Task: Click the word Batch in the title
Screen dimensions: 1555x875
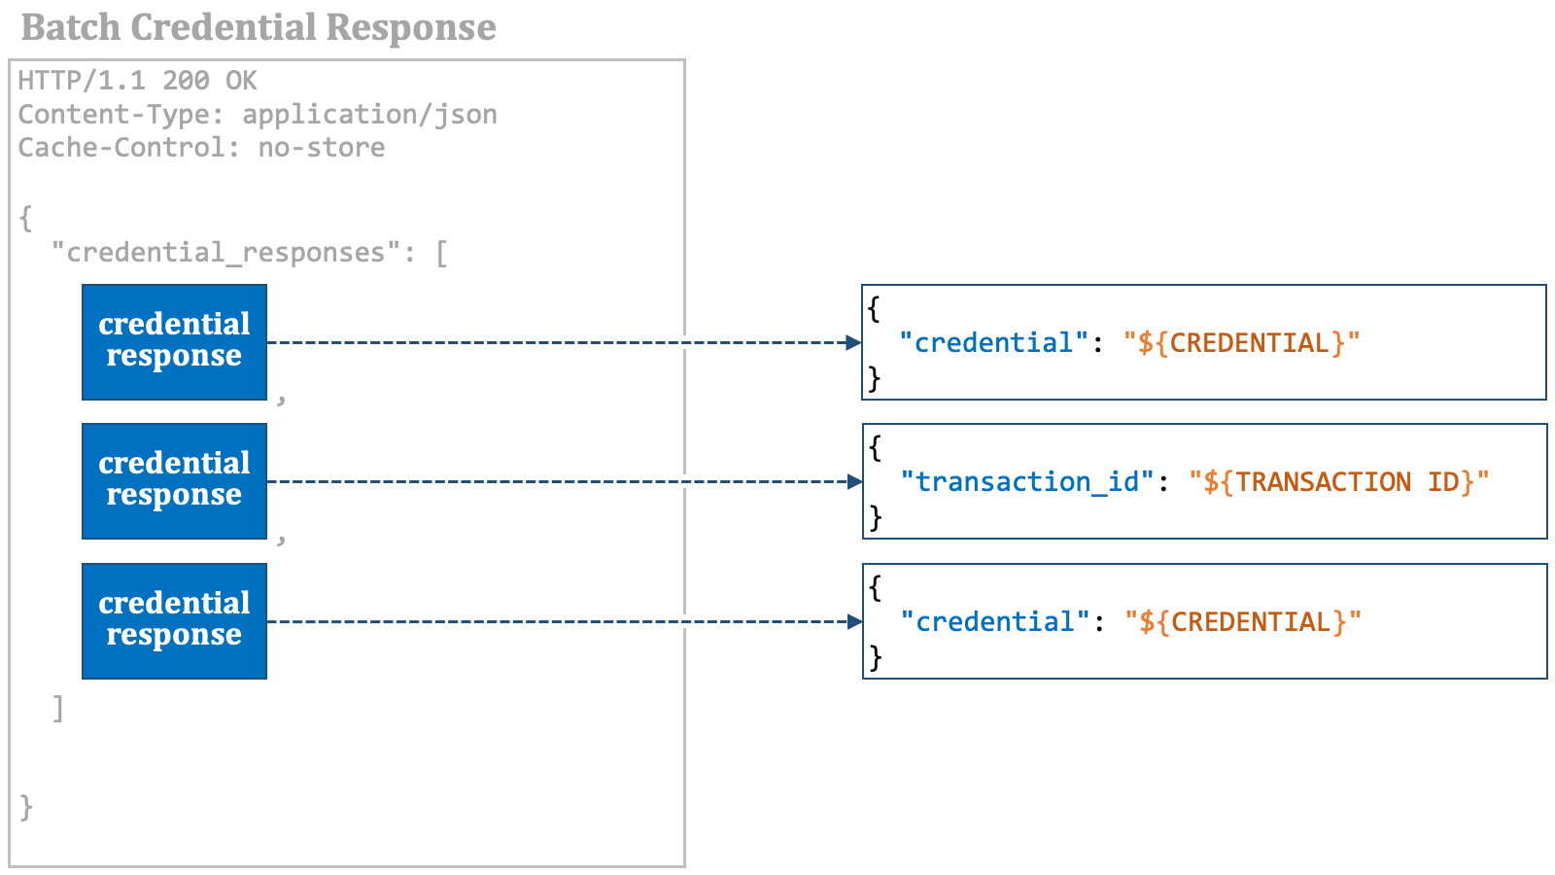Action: pyautogui.click(x=71, y=28)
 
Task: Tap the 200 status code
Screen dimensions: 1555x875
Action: pyautogui.click(x=186, y=81)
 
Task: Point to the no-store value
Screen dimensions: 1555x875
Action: pyautogui.click(x=322, y=147)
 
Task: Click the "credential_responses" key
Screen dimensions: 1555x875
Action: pyautogui.click(x=226, y=253)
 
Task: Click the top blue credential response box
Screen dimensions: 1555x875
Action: pyautogui.click(x=174, y=342)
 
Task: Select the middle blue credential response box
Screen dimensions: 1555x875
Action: pyautogui.click(x=174, y=481)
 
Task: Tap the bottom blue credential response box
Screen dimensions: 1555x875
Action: pyautogui.click(x=174, y=621)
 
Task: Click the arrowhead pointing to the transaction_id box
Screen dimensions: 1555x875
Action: pyautogui.click(x=854, y=481)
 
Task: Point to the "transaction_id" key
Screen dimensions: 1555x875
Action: pyautogui.click(x=1026, y=481)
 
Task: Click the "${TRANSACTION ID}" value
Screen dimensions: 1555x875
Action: pyautogui.click(x=1339, y=482)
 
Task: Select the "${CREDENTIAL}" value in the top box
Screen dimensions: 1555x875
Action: pyautogui.click(x=1241, y=343)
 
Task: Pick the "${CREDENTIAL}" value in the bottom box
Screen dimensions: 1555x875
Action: pyautogui.click(x=1243, y=622)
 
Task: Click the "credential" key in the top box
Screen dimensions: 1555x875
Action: pyautogui.click(x=993, y=342)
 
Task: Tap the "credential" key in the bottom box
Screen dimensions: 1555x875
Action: pyautogui.click(x=995, y=621)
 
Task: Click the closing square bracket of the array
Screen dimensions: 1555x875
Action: pyautogui.click(x=58, y=709)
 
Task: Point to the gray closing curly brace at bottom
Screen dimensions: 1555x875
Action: pyautogui.click(x=26, y=808)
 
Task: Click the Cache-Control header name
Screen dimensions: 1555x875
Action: pyautogui.click(x=121, y=147)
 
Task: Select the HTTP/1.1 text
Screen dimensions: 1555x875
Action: pyautogui.click(x=82, y=81)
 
